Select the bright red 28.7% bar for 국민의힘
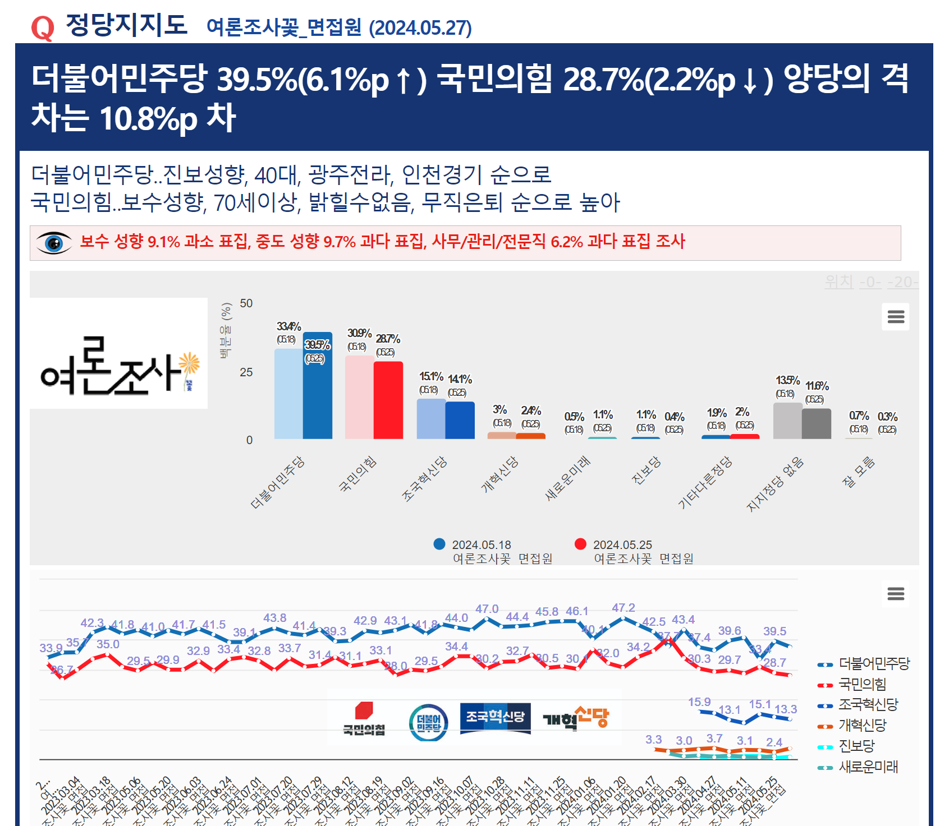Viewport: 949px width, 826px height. pyautogui.click(x=388, y=400)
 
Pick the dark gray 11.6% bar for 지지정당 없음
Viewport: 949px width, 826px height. pyautogui.click(x=817, y=424)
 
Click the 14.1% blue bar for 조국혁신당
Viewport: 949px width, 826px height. pyautogui.click(x=460, y=421)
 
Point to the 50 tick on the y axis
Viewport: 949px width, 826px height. pyautogui.click(x=246, y=303)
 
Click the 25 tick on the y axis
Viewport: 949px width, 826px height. pyautogui.click(x=246, y=372)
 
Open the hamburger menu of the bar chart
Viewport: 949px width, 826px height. pyautogui.click(x=896, y=317)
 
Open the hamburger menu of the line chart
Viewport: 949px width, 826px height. pyautogui.click(x=896, y=593)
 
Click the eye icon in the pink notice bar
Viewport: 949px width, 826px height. pyautogui.click(x=54, y=243)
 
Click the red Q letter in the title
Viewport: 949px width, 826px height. pyautogui.click(x=43, y=28)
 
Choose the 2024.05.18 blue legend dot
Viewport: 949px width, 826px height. pyautogui.click(x=439, y=544)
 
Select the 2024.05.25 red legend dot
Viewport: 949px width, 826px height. pyautogui.click(x=581, y=544)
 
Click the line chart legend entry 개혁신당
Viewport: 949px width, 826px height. pyautogui.click(x=862, y=725)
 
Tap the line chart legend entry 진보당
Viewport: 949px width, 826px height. pyautogui.click(x=856, y=746)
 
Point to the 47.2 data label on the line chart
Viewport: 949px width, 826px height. pyautogui.click(x=624, y=608)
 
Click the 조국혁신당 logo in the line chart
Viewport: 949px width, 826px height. pyautogui.click(x=495, y=718)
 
